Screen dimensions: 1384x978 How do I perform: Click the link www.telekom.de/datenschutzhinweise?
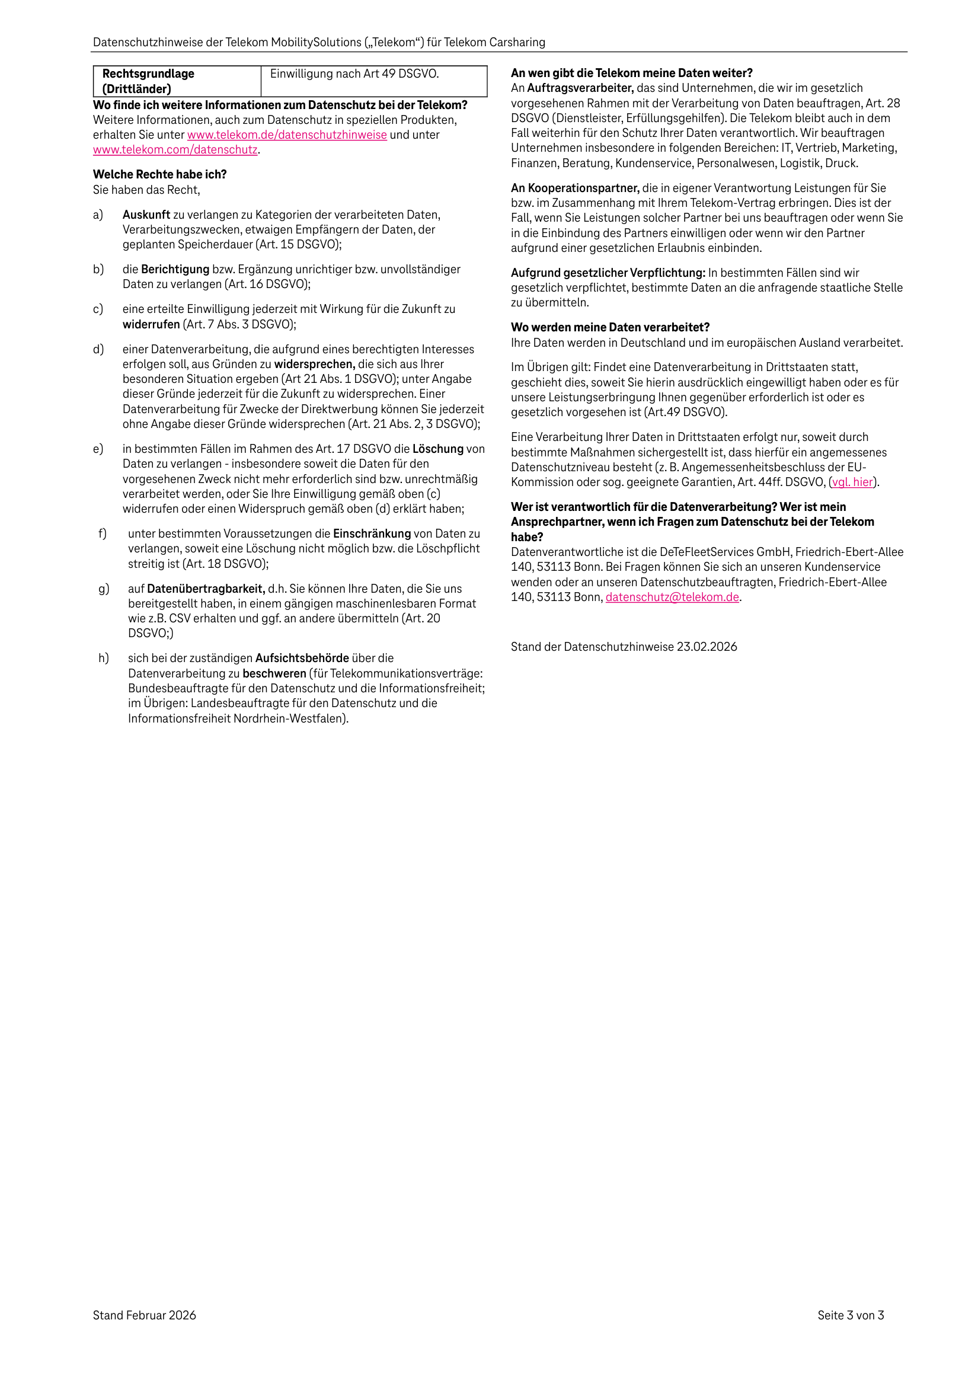pyautogui.click(x=286, y=135)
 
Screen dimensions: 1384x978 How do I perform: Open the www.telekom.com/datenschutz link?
pyautogui.click(x=175, y=150)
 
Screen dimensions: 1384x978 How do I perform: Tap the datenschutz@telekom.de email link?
pyautogui.click(x=672, y=597)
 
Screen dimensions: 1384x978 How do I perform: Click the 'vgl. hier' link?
pyautogui.click(x=852, y=482)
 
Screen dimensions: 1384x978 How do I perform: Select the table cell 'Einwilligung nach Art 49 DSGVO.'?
pyautogui.click(x=354, y=74)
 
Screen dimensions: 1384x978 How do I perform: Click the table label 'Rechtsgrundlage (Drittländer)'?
pyautogui.click(x=148, y=81)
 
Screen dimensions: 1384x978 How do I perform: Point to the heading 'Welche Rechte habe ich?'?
pyautogui.click(x=160, y=175)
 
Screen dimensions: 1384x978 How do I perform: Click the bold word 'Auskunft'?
pyautogui.click(x=146, y=215)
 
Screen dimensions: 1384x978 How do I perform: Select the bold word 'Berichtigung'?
pyautogui.click(x=175, y=270)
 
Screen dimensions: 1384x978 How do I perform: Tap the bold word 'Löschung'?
pyautogui.click(x=438, y=449)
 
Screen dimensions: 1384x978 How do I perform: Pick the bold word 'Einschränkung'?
pyautogui.click(x=372, y=534)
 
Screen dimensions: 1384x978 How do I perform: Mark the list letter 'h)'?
pyautogui.click(x=104, y=659)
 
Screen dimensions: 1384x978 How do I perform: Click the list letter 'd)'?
pyautogui.click(x=98, y=350)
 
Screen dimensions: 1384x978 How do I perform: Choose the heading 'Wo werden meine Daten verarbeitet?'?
pyautogui.click(x=609, y=327)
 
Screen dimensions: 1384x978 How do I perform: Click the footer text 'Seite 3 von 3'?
pyautogui.click(x=850, y=1315)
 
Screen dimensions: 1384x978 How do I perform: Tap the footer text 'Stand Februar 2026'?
pyautogui.click(x=144, y=1315)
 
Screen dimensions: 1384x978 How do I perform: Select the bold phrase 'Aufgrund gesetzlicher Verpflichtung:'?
pyautogui.click(x=608, y=273)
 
